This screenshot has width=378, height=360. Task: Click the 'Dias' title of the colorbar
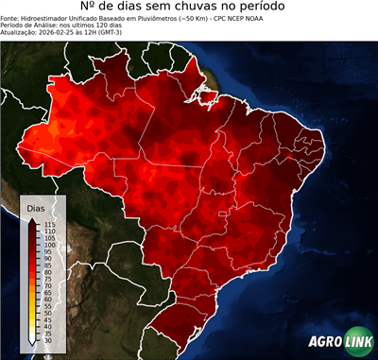[x=36, y=207]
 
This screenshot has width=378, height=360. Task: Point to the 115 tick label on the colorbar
[x=49, y=224]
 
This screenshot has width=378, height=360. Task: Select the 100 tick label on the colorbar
[x=49, y=245]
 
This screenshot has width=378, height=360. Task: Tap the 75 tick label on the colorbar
[x=48, y=279]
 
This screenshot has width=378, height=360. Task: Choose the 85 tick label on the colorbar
[x=48, y=266]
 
